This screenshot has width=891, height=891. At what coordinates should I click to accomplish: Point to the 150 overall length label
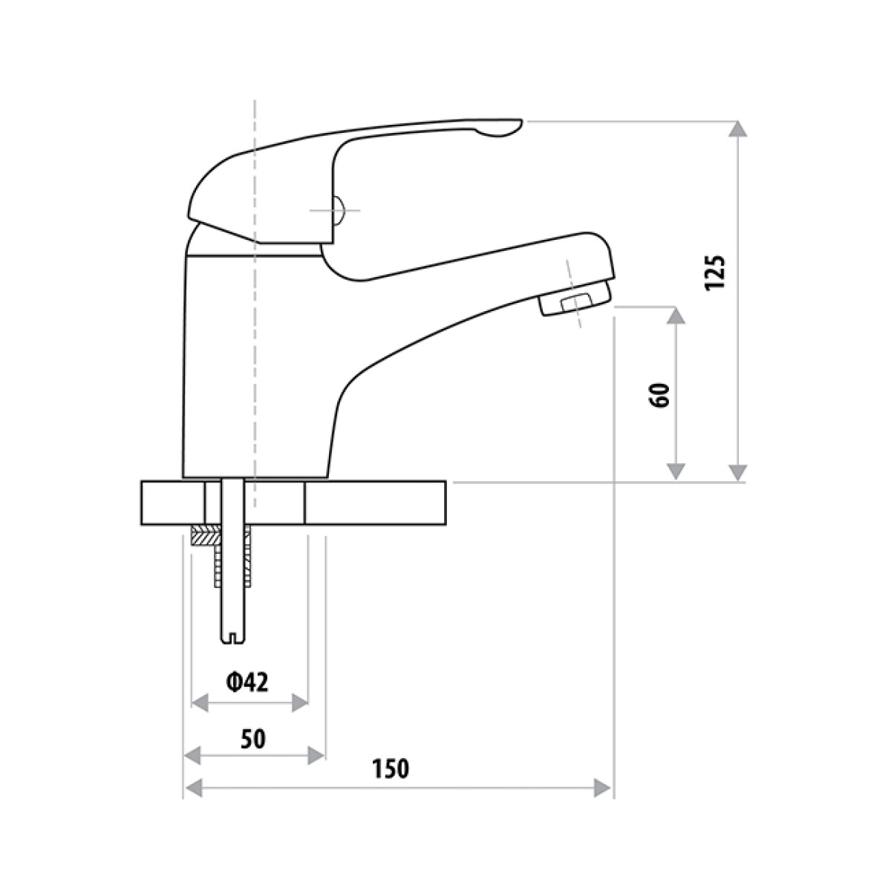point(391,769)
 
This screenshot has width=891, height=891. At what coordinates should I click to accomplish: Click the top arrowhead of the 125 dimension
point(737,129)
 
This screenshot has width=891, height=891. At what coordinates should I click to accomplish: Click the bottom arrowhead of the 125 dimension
point(737,472)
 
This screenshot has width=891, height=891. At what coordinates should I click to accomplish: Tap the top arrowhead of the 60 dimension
point(675,316)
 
